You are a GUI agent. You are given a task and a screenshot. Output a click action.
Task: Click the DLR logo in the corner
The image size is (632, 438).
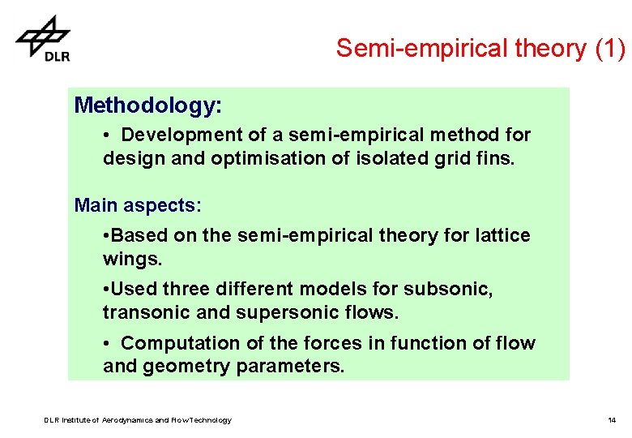click(x=44, y=38)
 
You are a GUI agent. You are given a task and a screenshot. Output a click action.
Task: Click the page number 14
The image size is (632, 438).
click(x=612, y=420)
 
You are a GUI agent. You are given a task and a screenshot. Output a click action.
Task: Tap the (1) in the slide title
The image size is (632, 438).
click(x=609, y=49)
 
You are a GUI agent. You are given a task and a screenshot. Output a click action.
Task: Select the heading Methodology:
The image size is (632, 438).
click(x=147, y=105)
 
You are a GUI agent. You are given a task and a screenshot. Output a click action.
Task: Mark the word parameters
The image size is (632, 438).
click(x=290, y=367)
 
